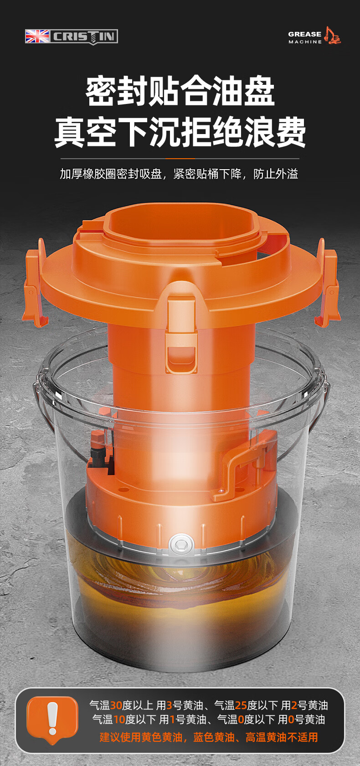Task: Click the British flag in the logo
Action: pos(37,36)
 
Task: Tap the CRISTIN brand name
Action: pos(84,36)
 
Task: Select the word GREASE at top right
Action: pos(304,34)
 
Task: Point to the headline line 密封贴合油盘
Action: pos(180,91)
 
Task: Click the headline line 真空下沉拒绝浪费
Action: pos(180,132)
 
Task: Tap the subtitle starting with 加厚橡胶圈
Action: pos(179,174)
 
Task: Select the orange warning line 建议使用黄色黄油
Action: pos(209,737)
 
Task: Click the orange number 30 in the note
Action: pos(116,705)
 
